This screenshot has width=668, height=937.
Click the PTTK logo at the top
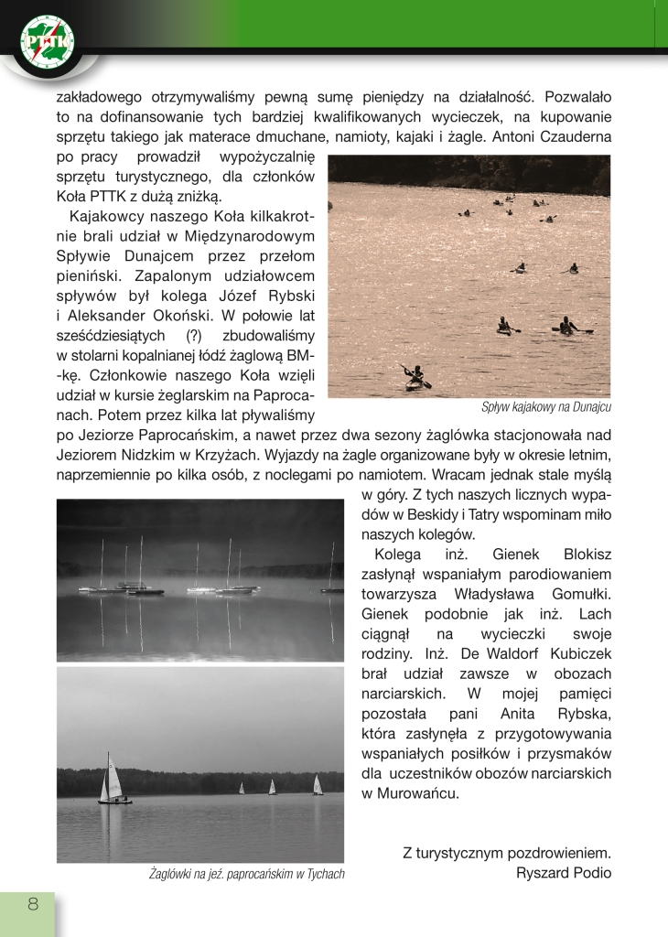(48, 42)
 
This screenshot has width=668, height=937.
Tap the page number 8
(33, 905)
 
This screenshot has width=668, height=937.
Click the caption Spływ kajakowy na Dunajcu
(546, 407)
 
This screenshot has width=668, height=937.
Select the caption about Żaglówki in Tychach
(246, 874)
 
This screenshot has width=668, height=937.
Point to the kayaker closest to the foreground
(415, 376)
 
